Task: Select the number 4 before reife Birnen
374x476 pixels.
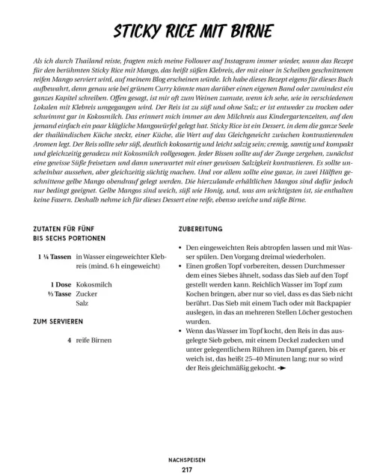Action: coord(69,341)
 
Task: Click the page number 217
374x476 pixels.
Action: coord(187,469)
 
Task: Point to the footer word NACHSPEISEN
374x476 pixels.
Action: coord(187,460)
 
